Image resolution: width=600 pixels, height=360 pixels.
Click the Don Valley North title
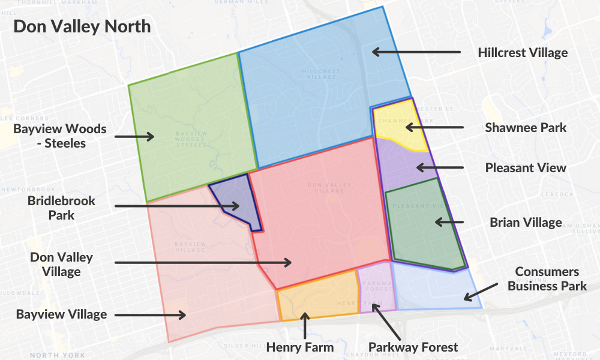coord(82,27)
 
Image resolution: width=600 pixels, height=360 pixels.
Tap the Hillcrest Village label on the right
coord(523,52)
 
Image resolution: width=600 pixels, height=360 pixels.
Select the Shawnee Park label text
coord(526,127)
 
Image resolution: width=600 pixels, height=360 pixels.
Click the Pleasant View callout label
coord(526,167)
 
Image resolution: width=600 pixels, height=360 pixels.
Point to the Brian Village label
coord(526,223)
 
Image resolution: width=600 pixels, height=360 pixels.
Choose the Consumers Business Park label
coord(547,279)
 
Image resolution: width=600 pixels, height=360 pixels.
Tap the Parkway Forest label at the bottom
coord(413,347)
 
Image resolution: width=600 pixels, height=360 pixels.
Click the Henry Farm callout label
coord(299,347)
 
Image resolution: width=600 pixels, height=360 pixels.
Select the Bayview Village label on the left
coord(61,314)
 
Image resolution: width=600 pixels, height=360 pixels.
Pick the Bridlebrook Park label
coord(61,208)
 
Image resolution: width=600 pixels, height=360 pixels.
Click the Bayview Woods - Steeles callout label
coord(60,136)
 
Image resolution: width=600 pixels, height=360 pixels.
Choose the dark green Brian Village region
coord(423,225)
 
